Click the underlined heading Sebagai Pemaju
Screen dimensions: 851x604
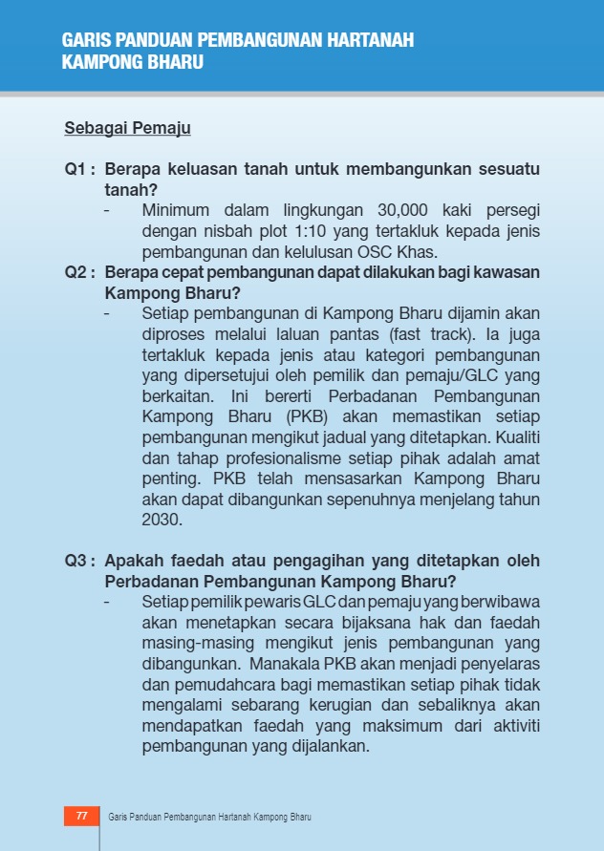click(x=127, y=127)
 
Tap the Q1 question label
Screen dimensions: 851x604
click(x=79, y=169)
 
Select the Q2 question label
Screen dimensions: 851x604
click(x=79, y=272)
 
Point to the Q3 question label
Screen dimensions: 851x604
click(x=79, y=561)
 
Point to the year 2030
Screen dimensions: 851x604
click(x=162, y=521)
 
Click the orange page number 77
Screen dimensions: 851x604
click(x=81, y=817)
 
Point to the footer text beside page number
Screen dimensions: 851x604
click(x=210, y=818)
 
